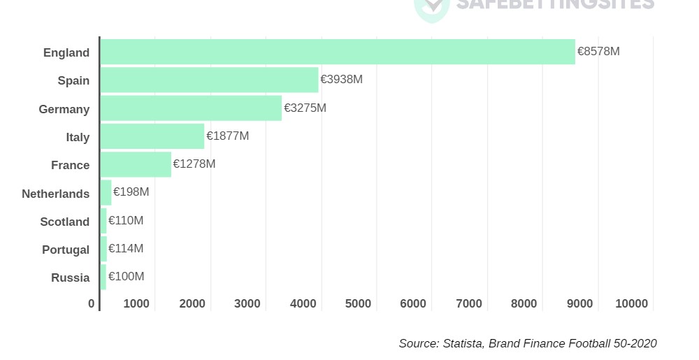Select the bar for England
tap(338, 52)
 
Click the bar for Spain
tap(209, 80)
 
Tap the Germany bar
tap(191, 108)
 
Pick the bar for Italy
tap(152, 136)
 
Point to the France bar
tap(136, 164)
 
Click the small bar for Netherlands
tap(106, 192)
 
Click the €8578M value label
tap(598, 52)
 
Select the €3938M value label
tap(341, 80)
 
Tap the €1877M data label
tap(227, 136)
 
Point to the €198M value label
tap(131, 192)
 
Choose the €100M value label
tap(126, 277)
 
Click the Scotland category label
tap(65, 222)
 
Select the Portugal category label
tap(66, 250)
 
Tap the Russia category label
tap(71, 278)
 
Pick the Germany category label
tap(64, 109)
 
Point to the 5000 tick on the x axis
tap(358, 303)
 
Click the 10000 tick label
tap(632, 303)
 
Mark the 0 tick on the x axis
tap(92, 303)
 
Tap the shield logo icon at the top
tap(431, 7)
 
